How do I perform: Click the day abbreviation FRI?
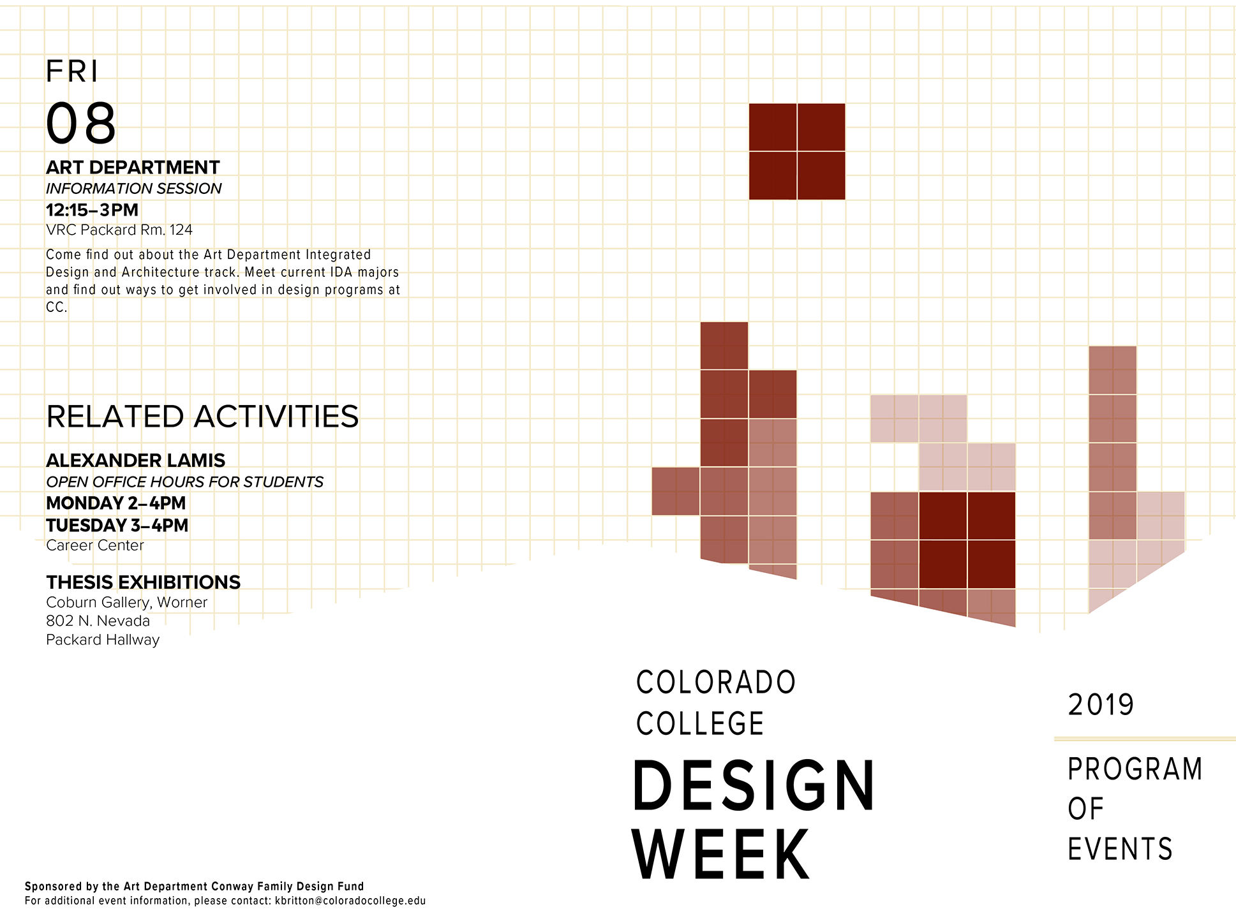pos(72,71)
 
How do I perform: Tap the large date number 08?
pos(81,123)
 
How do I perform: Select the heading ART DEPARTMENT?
pos(133,167)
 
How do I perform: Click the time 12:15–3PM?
pos(92,210)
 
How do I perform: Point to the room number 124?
pos(181,230)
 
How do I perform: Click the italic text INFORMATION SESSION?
pos(133,189)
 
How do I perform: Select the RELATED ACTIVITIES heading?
pos(202,417)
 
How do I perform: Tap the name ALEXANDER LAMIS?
pos(135,461)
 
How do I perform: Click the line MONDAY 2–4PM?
pos(115,503)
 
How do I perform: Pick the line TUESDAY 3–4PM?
pos(117,526)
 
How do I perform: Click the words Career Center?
pos(95,545)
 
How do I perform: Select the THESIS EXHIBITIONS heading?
pos(143,582)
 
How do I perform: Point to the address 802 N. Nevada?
pos(98,621)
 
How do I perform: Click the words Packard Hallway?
pos(103,640)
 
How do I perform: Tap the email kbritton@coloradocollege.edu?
pos(350,901)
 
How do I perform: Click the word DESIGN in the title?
pos(754,786)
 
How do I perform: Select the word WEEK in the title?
pos(721,854)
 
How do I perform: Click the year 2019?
pos(1101,705)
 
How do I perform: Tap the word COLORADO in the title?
pos(716,683)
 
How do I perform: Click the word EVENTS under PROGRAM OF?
pos(1120,849)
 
